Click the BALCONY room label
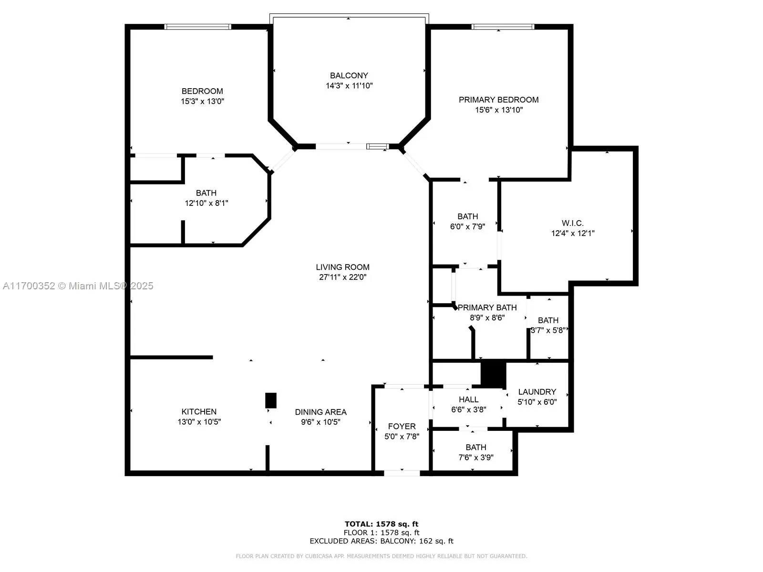349,75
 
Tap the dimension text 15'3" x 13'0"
202,101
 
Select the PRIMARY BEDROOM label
498,100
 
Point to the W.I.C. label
572,223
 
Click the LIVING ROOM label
342,267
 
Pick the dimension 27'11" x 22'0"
342,277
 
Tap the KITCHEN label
199,411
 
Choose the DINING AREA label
320,412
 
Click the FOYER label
402,426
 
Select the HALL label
468,399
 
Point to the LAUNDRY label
537,392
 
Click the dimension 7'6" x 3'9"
475,457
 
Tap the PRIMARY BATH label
487,307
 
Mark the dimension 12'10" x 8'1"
206,203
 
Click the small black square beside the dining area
270,400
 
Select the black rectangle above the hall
493,375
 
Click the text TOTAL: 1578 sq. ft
381,524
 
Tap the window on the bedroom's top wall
197,27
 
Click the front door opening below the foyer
402,473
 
